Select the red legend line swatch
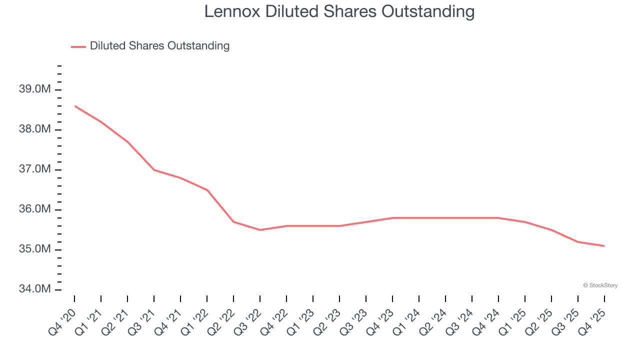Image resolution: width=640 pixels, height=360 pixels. click(x=78, y=46)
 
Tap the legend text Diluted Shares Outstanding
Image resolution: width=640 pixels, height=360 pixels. click(x=159, y=46)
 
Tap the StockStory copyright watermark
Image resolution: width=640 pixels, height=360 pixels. click(x=600, y=285)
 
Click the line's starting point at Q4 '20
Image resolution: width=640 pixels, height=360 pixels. click(x=74, y=106)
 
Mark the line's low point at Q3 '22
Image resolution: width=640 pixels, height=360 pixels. click(x=260, y=230)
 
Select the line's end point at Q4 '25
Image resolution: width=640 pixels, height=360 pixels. click(x=604, y=245)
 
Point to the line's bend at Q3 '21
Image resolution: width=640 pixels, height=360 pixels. click(x=154, y=170)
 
